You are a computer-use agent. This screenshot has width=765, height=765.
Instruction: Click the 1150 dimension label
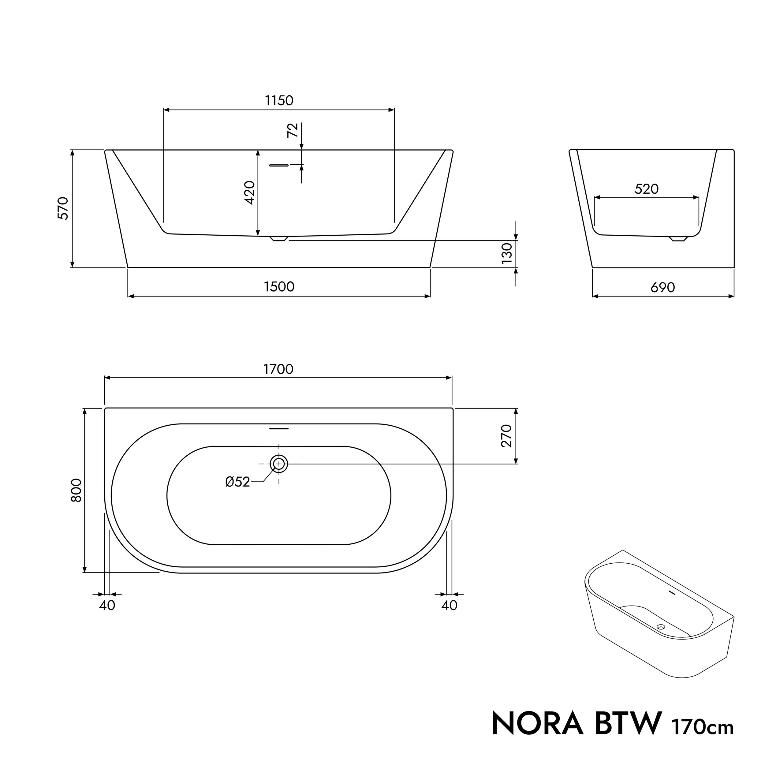279,101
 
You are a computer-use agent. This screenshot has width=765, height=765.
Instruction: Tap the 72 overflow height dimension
292,130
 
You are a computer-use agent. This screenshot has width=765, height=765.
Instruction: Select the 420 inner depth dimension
249,192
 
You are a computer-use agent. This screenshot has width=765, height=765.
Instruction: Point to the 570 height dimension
64,208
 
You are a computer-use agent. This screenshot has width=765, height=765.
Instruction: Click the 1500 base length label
279,287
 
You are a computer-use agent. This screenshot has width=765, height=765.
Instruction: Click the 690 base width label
662,287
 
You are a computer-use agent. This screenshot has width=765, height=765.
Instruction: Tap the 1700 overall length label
278,369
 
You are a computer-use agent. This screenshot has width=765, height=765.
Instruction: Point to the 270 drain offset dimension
507,436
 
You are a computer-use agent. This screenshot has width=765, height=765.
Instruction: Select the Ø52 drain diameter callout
237,482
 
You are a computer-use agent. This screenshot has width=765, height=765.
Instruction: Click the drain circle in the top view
279,464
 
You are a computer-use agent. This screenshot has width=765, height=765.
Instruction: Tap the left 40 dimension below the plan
107,606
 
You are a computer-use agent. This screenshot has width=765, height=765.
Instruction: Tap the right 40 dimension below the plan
449,606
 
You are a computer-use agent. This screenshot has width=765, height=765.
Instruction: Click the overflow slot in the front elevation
279,165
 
